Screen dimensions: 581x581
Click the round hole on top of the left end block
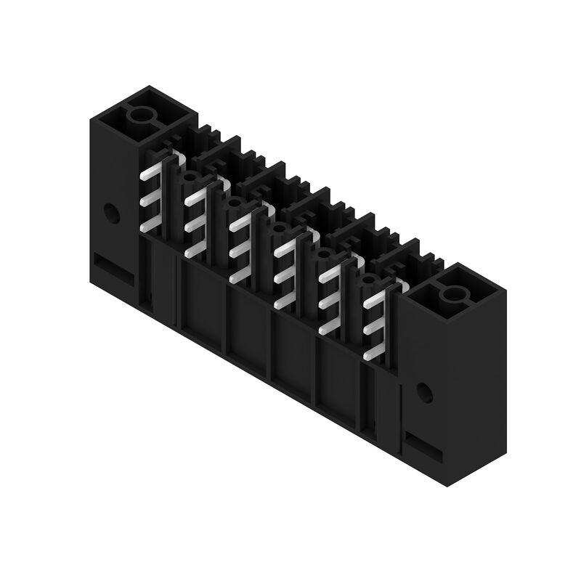pos(143,115)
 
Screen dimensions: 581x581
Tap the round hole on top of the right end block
pos(453,295)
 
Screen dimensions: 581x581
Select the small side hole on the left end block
pos(111,213)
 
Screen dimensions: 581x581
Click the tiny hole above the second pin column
pos(189,176)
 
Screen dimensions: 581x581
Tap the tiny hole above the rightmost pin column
pos(368,279)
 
